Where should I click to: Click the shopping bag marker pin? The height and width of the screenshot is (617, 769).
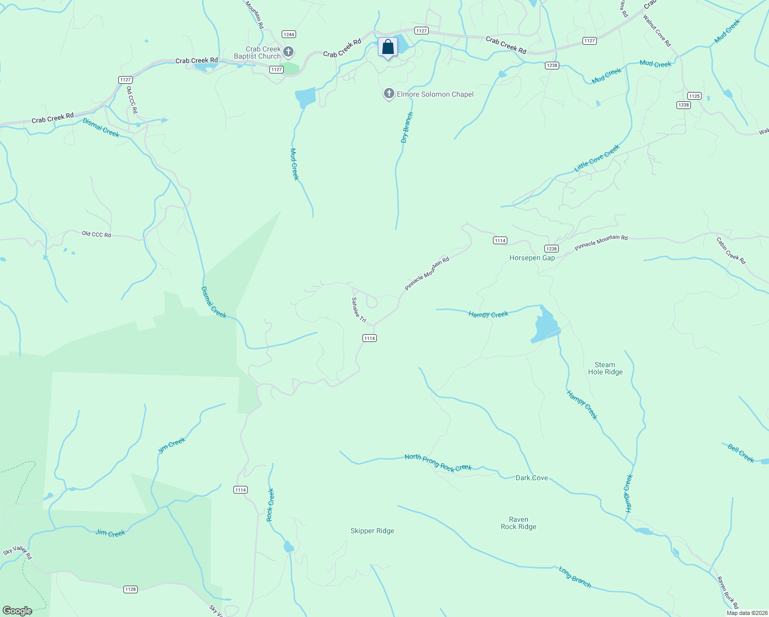click(388, 48)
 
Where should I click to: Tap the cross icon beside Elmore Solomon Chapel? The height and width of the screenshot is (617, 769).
click(389, 94)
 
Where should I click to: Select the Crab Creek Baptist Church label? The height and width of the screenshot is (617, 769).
click(258, 53)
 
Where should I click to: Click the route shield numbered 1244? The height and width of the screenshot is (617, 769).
click(289, 34)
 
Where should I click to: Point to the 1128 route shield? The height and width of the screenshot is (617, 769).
click(131, 589)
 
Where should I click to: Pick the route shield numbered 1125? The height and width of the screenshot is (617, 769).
click(694, 96)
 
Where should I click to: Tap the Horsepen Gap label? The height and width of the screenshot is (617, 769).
click(532, 258)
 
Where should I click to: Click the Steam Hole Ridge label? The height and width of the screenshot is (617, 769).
click(605, 369)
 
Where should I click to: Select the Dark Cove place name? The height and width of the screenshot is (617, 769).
click(532, 478)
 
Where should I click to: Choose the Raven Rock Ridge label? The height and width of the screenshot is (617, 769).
click(518, 523)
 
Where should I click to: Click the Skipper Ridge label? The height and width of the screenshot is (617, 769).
click(372, 531)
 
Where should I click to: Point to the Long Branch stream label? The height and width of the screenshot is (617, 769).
click(575, 577)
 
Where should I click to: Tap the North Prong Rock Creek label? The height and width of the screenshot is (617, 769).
click(438, 463)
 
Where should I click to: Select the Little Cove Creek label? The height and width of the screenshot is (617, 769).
click(597, 158)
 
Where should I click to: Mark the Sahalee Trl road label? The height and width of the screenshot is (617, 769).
click(358, 311)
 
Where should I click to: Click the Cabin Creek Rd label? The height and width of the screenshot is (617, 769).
click(731, 250)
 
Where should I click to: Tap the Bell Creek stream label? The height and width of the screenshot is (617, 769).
click(741, 453)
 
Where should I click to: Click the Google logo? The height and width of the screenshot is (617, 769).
click(17, 611)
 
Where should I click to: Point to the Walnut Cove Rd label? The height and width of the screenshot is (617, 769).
click(657, 31)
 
